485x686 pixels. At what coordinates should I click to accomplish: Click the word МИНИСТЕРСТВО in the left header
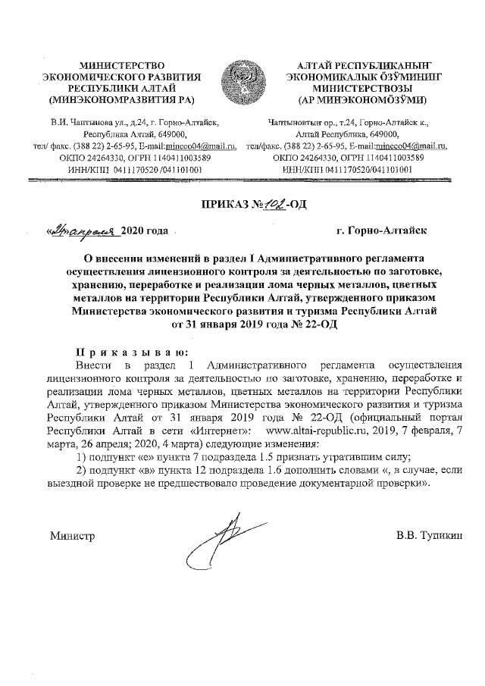point(122,67)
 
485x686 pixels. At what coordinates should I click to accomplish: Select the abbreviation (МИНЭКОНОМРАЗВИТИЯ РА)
point(122,99)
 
